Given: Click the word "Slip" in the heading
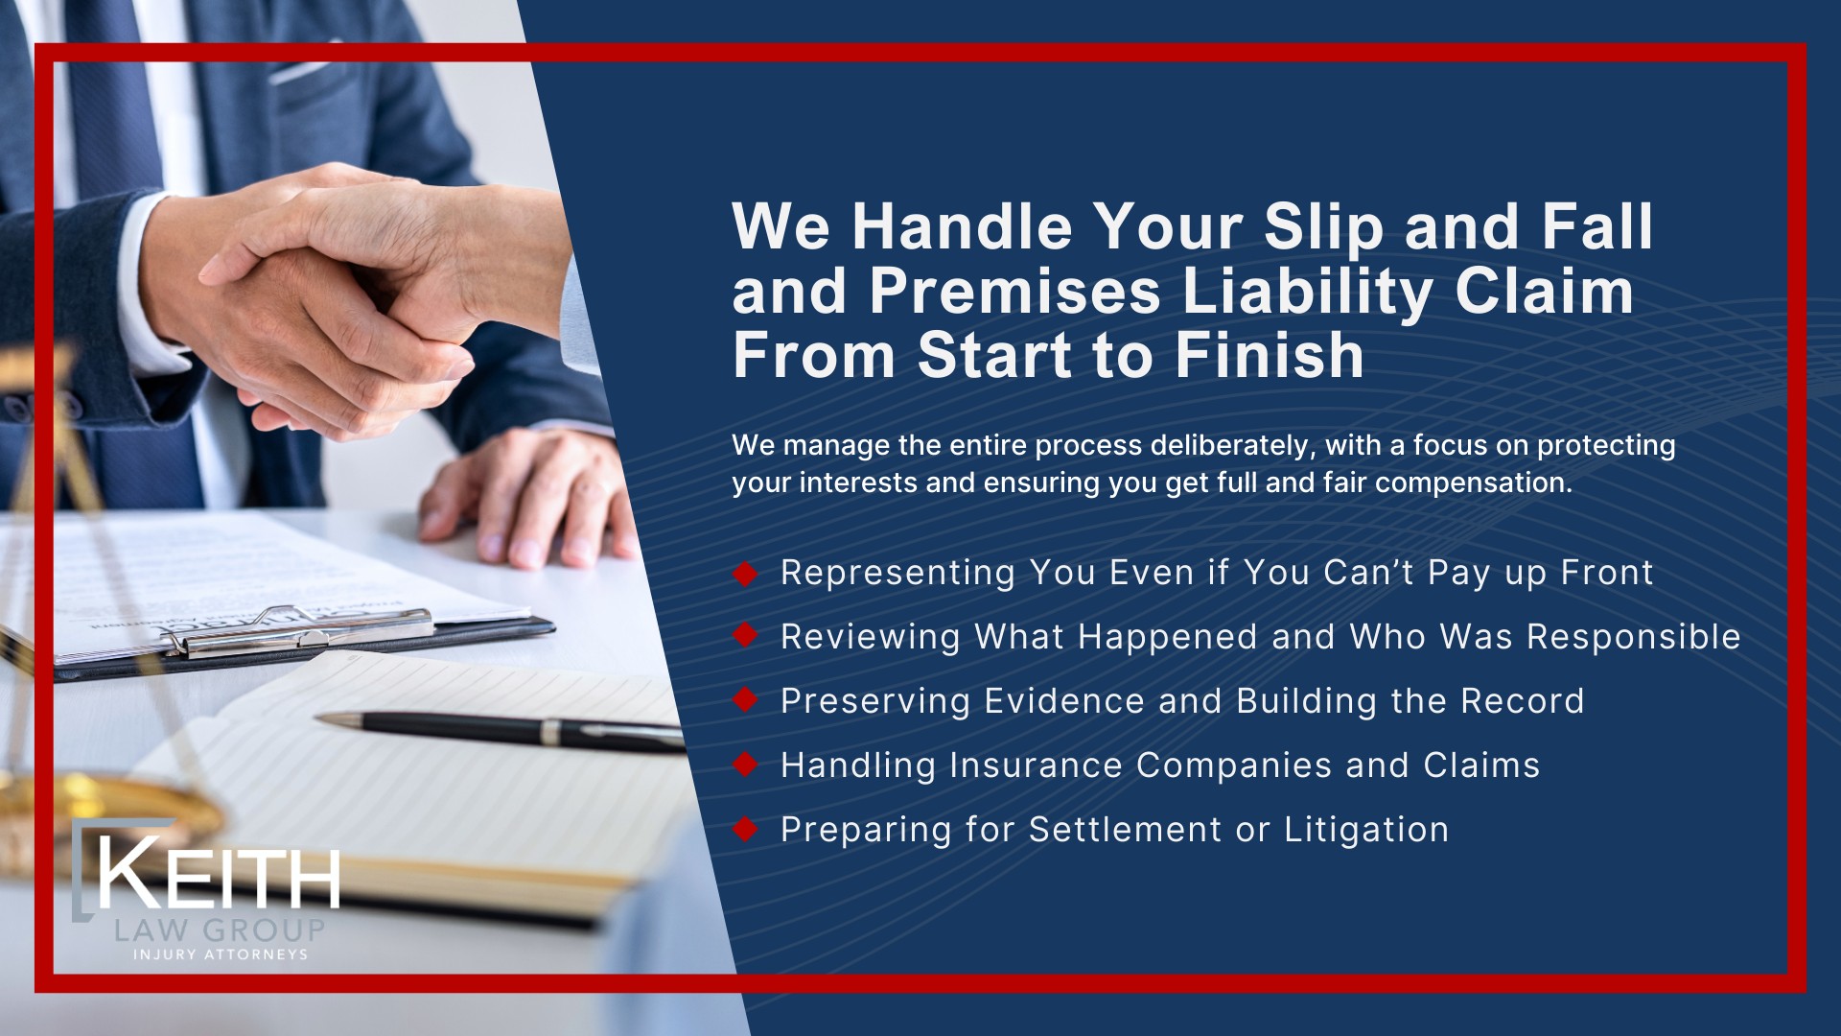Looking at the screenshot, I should tap(1323, 228).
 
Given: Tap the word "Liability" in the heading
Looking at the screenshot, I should tap(1308, 292).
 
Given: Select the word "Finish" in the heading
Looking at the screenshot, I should tap(1270, 356).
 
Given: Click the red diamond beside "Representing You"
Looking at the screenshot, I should tap(745, 574).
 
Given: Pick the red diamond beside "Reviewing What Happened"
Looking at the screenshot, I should tap(745, 635).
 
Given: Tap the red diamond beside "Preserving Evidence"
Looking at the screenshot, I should tap(745, 700).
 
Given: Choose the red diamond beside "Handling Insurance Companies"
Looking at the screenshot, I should tap(745, 765).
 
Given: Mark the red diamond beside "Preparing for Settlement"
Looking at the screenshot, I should tap(745, 829).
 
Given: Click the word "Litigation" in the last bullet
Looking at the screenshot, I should tap(1365, 830).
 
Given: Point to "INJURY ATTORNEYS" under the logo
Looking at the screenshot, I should tap(221, 954).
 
